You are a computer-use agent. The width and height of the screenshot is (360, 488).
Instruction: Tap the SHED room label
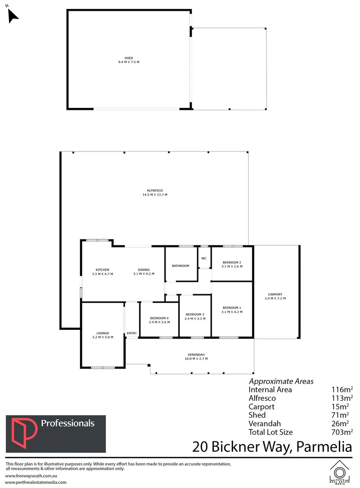(128, 58)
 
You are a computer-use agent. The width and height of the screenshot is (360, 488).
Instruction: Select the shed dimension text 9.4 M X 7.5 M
(128, 61)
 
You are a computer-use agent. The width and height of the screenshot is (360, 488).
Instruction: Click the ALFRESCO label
(155, 191)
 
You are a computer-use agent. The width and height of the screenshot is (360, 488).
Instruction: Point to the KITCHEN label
(102, 270)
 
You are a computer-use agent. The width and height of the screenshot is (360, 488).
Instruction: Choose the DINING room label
(143, 270)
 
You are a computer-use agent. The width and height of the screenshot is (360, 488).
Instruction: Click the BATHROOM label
(180, 266)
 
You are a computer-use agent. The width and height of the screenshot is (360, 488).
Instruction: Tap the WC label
(204, 258)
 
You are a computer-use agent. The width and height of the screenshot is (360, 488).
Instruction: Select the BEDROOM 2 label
(232, 263)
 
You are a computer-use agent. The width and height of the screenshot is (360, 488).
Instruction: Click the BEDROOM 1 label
(232, 308)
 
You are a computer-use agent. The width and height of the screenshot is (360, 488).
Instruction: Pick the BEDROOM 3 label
(195, 314)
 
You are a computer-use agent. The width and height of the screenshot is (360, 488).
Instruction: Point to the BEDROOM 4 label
(159, 318)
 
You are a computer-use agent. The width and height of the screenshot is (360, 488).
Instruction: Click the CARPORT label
(275, 294)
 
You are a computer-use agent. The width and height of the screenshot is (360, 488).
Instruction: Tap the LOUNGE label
(102, 333)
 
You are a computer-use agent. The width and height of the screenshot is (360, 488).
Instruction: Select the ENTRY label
(132, 333)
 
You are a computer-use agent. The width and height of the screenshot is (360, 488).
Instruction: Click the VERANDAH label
(197, 354)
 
